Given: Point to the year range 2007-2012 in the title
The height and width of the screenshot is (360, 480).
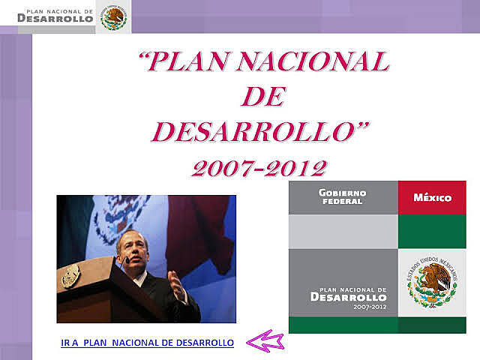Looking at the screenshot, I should click(x=259, y=166).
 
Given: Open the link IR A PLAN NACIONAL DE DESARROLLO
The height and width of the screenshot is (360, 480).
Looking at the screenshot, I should click(x=147, y=343).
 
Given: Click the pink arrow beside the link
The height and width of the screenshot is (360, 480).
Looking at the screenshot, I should click(x=265, y=342).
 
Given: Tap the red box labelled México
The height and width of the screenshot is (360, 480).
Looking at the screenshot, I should click(x=432, y=198).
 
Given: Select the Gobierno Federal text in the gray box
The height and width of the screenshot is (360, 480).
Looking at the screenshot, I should click(x=341, y=197).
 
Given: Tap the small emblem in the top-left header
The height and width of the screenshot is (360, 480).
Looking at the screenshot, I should click(x=114, y=16).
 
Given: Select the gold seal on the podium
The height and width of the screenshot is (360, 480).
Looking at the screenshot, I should click(x=71, y=275).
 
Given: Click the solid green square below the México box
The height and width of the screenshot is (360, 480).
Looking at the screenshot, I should click(x=432, y=232).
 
